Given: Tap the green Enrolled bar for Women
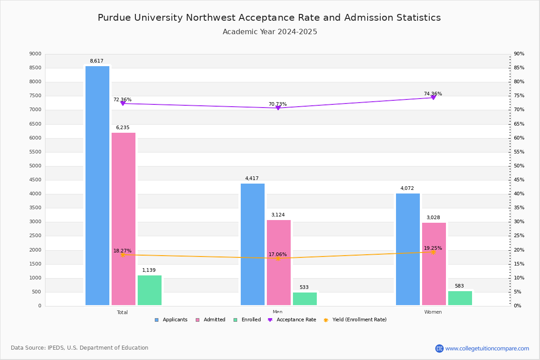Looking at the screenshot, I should coord(460,298).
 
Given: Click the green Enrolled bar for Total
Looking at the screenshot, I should coord(149,290).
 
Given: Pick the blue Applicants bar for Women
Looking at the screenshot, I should coord(408,249).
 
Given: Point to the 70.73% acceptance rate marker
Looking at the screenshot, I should coord(278,108).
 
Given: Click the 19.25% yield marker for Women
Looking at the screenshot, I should coord(433,252).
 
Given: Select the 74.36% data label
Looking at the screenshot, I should coord(432,94).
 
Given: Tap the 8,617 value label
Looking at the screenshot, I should coord(96,61).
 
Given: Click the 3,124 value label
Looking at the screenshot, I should coord(278,215).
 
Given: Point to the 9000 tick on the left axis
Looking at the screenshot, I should coord(35,54).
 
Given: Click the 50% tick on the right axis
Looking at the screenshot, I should coord(519,166).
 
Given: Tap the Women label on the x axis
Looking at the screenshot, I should coord(432,312).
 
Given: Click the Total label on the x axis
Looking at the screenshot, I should coord(122,312).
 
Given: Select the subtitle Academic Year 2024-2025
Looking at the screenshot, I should coord(270,32).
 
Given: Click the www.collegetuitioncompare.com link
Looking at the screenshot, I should coord(487,348).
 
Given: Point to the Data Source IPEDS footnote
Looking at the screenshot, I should coord(80,348).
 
